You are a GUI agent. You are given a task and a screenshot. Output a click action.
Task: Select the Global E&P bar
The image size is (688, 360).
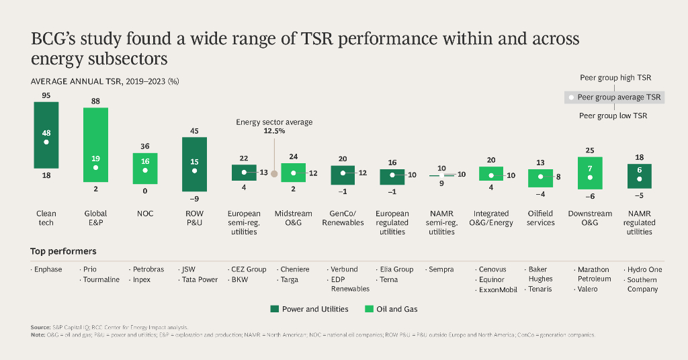(95, 144)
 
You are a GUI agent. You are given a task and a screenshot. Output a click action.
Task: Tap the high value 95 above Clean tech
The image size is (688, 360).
(46, 95)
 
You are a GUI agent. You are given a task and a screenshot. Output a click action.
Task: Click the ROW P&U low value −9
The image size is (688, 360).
(194, 199)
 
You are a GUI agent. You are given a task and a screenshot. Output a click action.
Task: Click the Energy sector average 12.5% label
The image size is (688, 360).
(274, 127)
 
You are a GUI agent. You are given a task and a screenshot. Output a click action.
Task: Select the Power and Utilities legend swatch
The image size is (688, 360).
(274, 309)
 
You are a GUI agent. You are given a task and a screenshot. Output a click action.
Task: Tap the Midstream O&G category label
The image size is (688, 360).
(294, 218)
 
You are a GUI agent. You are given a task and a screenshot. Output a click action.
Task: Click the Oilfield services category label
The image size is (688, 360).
(540, 218)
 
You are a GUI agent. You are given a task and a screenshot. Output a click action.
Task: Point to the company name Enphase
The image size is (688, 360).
(48, 269)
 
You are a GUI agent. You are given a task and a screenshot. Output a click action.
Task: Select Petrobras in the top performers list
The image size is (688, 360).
(148, 269)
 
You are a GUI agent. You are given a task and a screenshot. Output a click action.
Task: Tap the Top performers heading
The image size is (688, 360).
(63, 251)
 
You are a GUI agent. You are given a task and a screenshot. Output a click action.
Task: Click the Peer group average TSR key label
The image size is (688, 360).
(619, 97)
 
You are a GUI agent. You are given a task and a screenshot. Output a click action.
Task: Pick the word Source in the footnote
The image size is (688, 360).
(41, 327)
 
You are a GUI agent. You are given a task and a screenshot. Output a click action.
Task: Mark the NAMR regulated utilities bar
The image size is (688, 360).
(639, 175)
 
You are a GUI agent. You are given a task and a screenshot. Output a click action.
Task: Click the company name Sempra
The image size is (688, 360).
(441, 269)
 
